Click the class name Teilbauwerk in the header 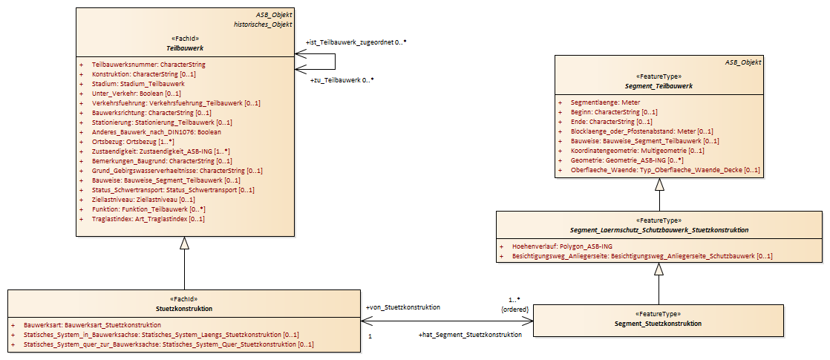tap(186, 49)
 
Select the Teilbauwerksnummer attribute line tap(148, 65)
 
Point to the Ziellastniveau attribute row tap(143, 200)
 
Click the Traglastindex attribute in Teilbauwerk tap(148, 219)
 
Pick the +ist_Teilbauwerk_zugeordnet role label tap(356, 43)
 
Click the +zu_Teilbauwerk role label tap(342, 81)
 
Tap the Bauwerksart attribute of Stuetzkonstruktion tap(93, 325)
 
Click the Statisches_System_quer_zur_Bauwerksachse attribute tap(169, 344)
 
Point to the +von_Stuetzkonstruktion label tap(403, 307)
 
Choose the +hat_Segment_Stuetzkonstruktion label tap(470, 335)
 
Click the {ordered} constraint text tap(515, 308)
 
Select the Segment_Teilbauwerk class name tap(659, 86)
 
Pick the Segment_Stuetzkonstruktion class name tap(659, 324)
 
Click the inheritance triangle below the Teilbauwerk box tap(184, 243)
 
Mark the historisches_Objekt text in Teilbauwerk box tap(263, 24)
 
